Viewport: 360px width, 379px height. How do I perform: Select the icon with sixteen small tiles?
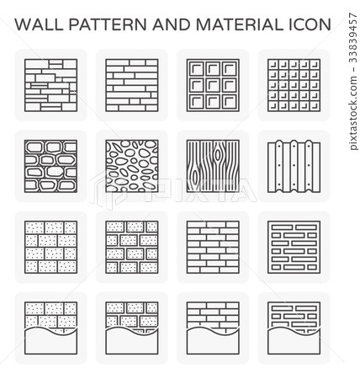click(x=290, y=84)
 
